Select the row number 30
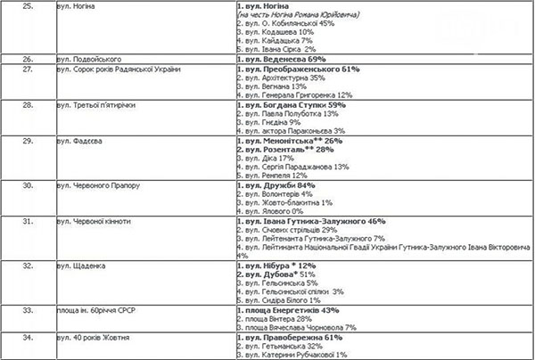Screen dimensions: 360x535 coord(28,185)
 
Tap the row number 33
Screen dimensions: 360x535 coord(28,310)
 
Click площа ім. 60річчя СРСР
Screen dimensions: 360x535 coord(95,310)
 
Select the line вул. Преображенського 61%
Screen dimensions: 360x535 coord(298,70)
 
